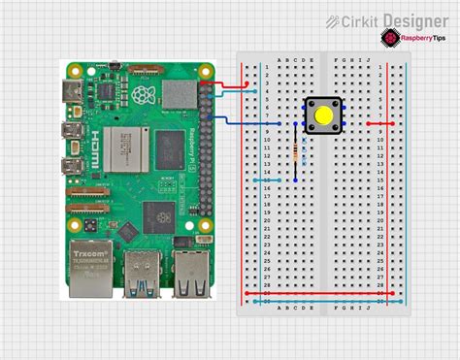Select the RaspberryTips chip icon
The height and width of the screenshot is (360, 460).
[x=389, y=38]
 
